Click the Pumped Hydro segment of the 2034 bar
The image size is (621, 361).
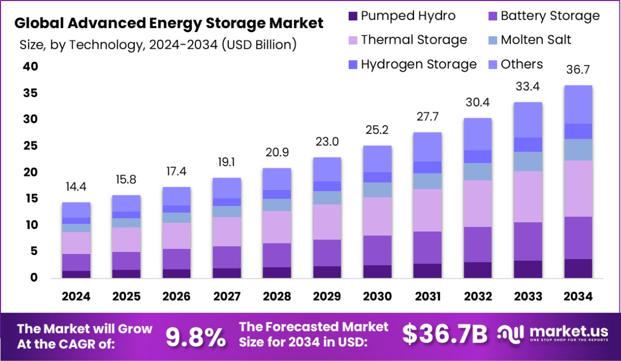point(578,269)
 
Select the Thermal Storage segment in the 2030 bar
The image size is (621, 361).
point(377,216)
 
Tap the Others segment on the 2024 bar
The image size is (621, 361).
point(76,210)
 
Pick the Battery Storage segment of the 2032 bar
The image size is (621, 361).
point(478,244)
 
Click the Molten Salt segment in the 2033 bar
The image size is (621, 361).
point(528,162)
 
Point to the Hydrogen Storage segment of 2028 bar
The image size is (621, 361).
point(277,194)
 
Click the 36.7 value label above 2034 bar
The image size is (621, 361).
point(578,70)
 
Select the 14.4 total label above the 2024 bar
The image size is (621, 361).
point(76,186)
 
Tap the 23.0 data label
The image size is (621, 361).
point(327,141)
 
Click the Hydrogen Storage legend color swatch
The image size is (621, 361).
point(353,65)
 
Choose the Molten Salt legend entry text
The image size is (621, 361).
point(536,40)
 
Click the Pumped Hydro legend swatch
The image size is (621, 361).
point(353,16)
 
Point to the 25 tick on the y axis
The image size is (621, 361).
point(30,146)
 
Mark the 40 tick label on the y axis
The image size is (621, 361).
point(30,67)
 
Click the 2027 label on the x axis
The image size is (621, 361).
point(227,297)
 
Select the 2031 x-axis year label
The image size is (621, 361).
point(427,297)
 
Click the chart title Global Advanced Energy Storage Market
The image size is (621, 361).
point(169,23)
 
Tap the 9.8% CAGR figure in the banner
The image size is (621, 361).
point(196,337)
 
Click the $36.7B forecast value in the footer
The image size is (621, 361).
point(445,336)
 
